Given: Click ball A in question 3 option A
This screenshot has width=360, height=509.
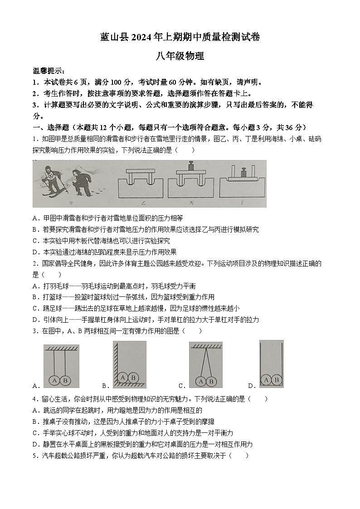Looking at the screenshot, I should pyautogui.click(x=55, y=381).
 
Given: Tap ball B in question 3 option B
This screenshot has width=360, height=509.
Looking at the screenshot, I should pyautogui.click(x=133, y=377).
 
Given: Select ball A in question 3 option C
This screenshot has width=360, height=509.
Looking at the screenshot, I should pyautogui.click(x=201, y=382).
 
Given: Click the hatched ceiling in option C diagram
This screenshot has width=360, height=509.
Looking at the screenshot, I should pyautogui.click(x=206, y=345).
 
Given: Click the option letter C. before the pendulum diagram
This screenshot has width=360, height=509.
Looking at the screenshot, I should pyautogui.click(x=182, y=386).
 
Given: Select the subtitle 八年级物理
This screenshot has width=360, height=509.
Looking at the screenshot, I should pyautogui.click(x=180, y=57).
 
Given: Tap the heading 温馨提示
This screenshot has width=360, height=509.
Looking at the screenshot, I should pyautogui.click(x=49, y=71).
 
